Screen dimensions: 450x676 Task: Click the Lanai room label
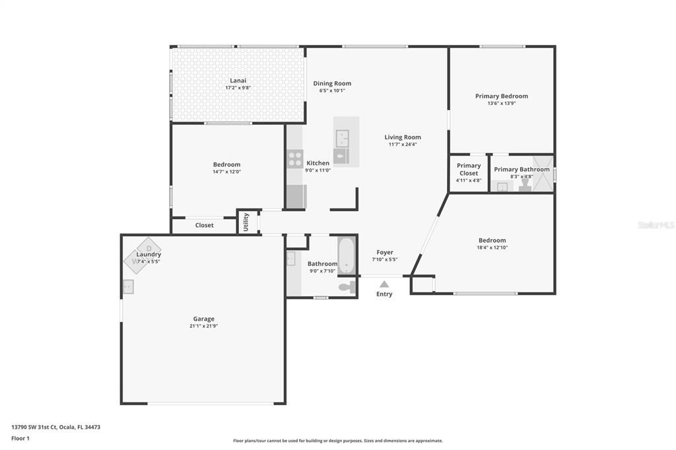click(x=238, y=80)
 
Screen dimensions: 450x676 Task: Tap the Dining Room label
click(x=332, y=83)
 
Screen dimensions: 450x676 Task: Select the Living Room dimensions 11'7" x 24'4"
click(x=403, y=145)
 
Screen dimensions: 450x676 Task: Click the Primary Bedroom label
click(x=501, y=96)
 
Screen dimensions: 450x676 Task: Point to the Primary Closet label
click(x=469, y=170)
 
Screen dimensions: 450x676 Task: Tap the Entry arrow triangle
click(x=384, y=284)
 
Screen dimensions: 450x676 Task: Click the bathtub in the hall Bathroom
click(x=347, y=255)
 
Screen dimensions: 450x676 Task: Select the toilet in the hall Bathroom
click(x=347, y=287)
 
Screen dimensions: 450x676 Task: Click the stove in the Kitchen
click(x=295, y=159)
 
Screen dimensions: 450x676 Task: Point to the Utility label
click(x=246, y=222)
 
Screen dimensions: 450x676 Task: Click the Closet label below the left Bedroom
click(x=204, y=225)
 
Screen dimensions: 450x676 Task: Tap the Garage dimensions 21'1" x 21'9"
click(x=203, y=326)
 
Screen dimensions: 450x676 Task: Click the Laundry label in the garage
click(x=149, y=254)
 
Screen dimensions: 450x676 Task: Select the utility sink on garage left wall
click(x=127, y=287)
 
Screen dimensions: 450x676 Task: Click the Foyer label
click(x=385, y=252)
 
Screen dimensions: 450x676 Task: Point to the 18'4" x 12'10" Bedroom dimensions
click(x=492, y=247)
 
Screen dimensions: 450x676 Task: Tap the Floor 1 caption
click(x=20, y=438)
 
